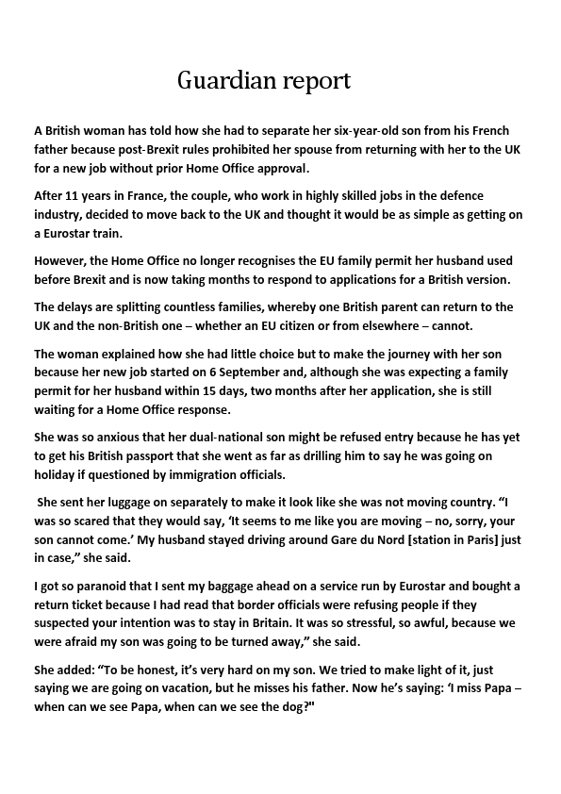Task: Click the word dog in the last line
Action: [294, 704]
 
